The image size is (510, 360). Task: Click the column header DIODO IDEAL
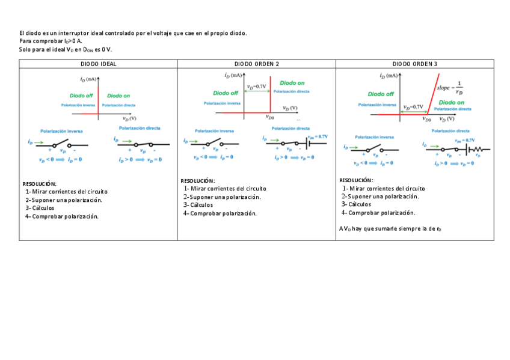point(99,64)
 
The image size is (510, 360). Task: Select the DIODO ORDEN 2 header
point(256,64)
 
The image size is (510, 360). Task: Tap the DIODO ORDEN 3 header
point(415,64)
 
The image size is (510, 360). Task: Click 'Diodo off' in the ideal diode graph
point(81,96)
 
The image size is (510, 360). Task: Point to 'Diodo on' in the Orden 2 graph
point(292,83)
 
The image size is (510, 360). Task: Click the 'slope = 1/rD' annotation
point(450,88)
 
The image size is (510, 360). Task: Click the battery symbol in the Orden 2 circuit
point(310,144)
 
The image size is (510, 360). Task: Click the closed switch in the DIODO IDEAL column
point(142,144)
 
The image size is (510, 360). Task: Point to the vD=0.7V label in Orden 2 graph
point(257,87)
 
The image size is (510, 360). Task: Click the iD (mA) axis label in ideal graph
point(88,79)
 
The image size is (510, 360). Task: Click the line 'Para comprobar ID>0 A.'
point(51,41)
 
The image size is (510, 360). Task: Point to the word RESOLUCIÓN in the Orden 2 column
point(197,181)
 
